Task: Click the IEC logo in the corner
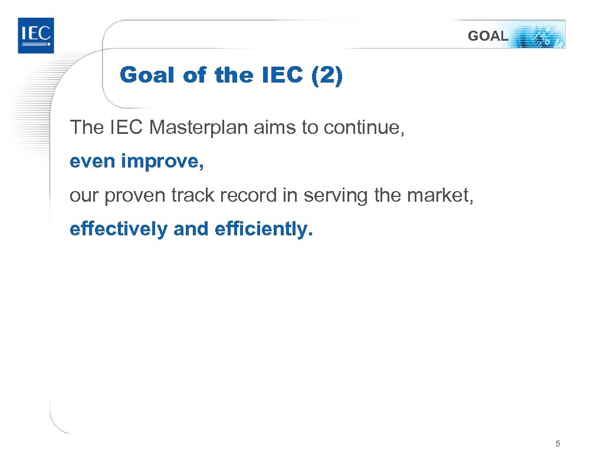tap(35, 35)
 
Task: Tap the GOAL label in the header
tap(487, 36)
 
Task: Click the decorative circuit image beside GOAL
tap(539, 35)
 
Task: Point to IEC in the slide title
tap(278, 75)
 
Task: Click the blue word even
tap(93, 162)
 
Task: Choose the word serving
tap(336, 195)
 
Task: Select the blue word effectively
tap(118, 229)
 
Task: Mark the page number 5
tap(558, 443)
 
